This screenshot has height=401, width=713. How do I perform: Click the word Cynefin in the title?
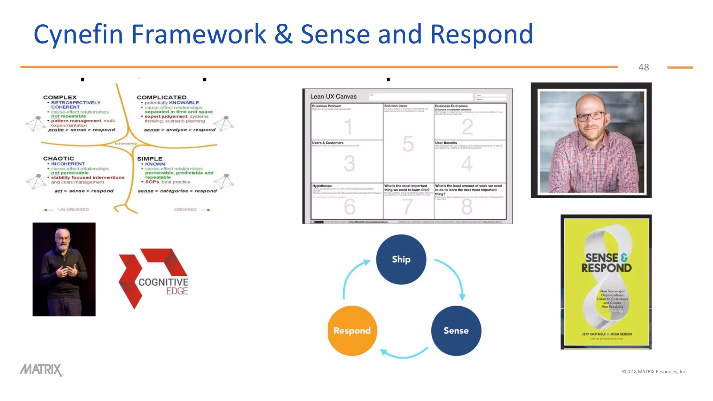click(78, 34)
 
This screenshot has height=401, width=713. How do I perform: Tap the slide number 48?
click(643, 67)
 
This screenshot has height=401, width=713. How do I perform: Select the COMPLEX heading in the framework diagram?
click(60, 97)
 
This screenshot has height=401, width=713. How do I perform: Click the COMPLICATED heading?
click(162, 97)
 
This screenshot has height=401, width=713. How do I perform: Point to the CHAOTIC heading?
click(58, 158)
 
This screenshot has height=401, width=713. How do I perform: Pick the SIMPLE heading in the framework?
click(150, 159)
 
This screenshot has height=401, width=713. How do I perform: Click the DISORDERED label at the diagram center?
click(126, 143)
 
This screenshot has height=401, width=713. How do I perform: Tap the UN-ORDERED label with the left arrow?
click(73, 210)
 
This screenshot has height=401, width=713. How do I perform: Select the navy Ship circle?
click(401, 259)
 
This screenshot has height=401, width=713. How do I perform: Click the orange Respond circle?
click(352, 331)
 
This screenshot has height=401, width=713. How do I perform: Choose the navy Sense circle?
click(456, 331)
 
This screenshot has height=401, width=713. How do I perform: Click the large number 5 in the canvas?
click(408, 144)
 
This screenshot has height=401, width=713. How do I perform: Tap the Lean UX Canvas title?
click(333, 96)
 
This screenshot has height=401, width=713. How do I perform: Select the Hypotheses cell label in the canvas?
click(322, 186)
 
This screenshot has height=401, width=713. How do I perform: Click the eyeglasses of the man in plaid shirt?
click(591, 116)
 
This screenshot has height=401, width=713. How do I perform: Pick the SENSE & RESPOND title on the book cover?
click(606, 263)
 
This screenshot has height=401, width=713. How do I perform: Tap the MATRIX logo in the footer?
click(41, 370)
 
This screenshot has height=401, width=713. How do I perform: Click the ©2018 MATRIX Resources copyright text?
click(654, 371)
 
